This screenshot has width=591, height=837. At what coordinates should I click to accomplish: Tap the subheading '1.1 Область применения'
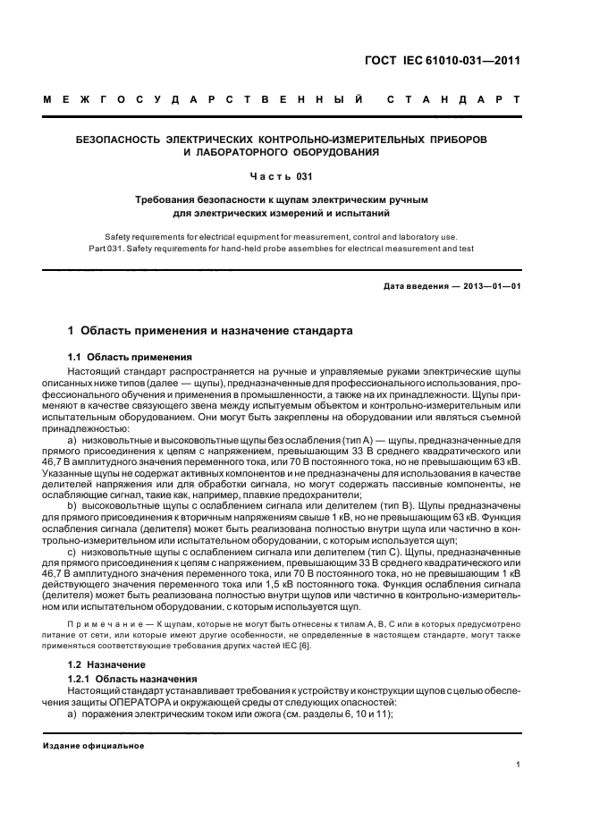tap(122, 356)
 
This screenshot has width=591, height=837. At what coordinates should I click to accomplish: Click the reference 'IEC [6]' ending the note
tap(296, 647)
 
